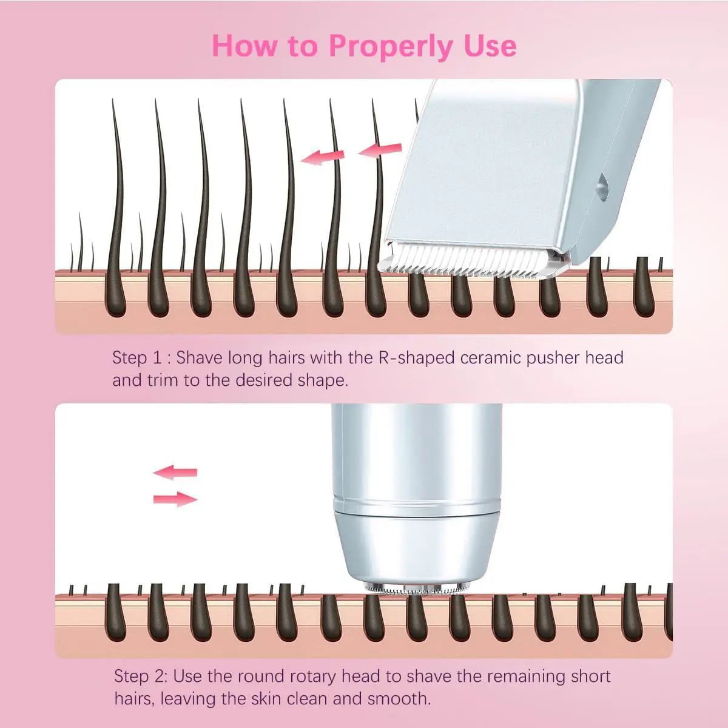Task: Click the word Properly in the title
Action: coord(391,47)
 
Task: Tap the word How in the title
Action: coord(246,45)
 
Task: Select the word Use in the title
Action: coord(490,45)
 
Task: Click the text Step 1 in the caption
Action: coord(136,358)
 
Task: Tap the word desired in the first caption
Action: coord(263,380)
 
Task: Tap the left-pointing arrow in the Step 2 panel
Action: coord(175,472)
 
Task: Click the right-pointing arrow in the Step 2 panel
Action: coord(175,499)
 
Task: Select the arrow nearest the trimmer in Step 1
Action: coord(380,150)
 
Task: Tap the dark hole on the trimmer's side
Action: coord(601,186)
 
